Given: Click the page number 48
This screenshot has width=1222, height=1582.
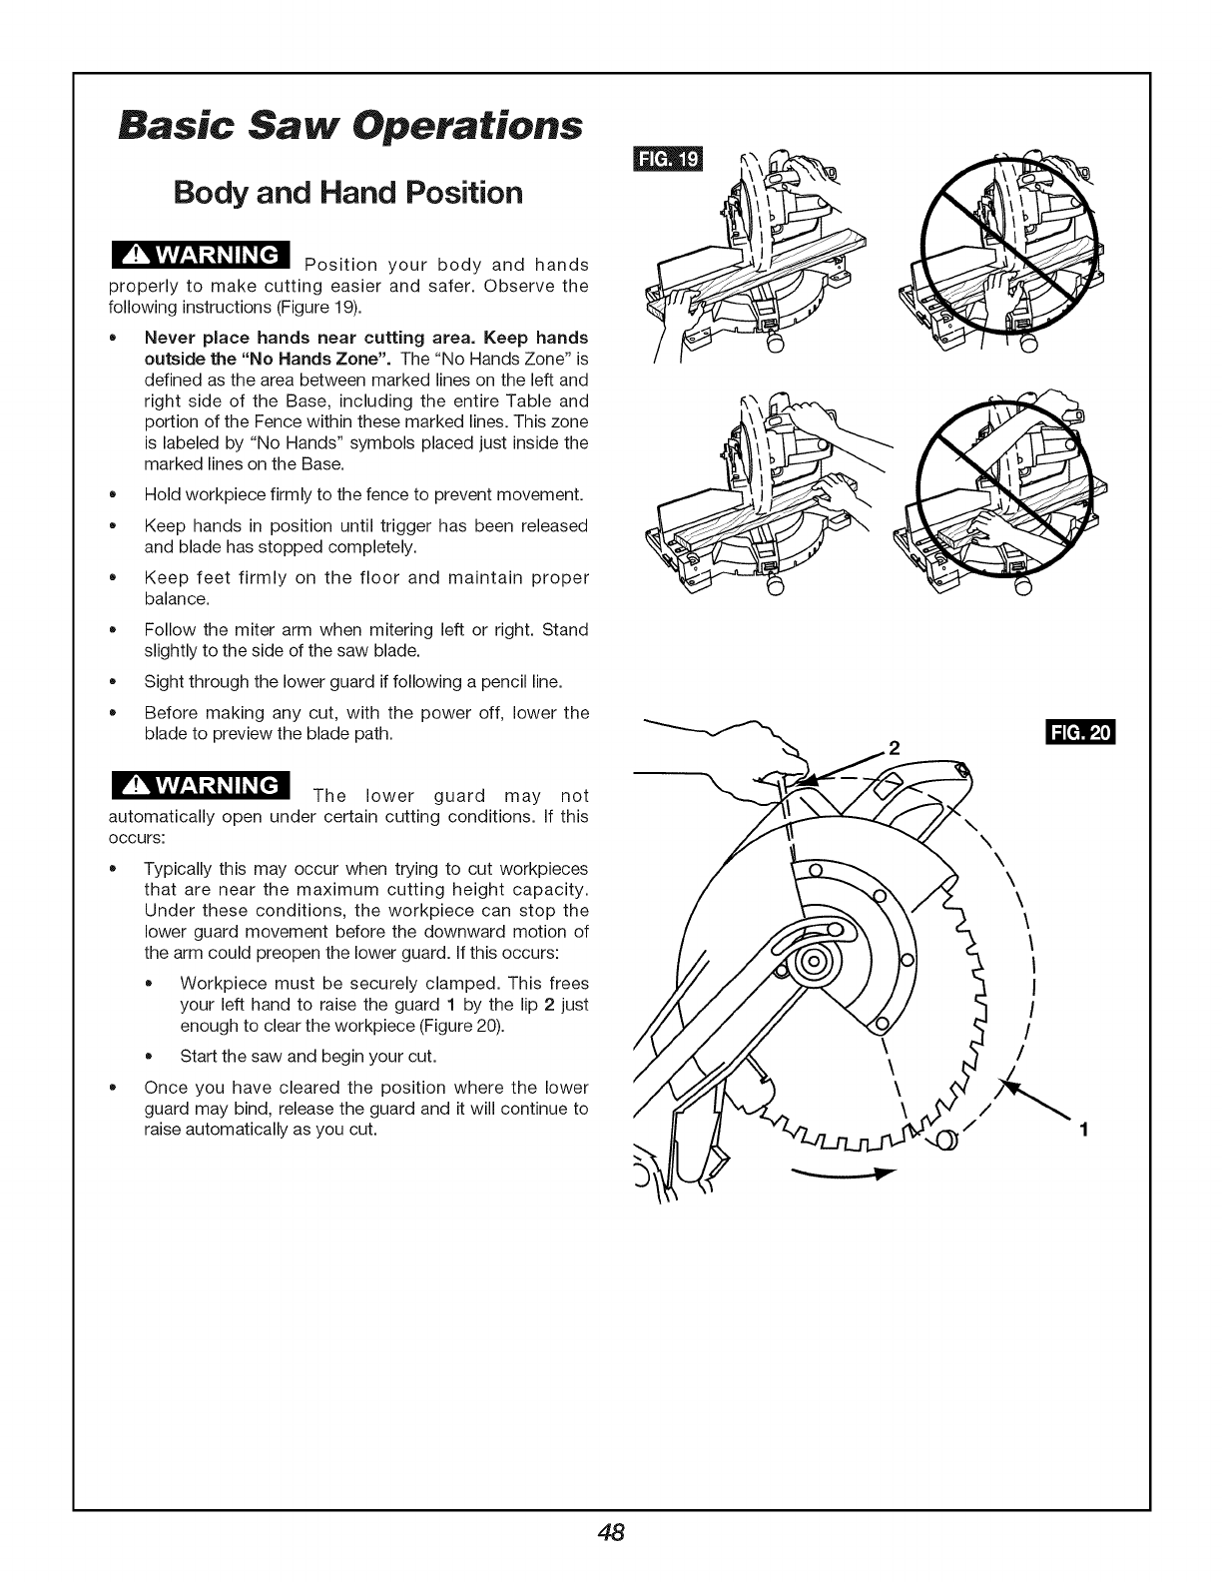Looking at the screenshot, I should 612,1533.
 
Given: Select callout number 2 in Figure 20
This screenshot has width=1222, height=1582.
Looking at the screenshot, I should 895,748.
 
